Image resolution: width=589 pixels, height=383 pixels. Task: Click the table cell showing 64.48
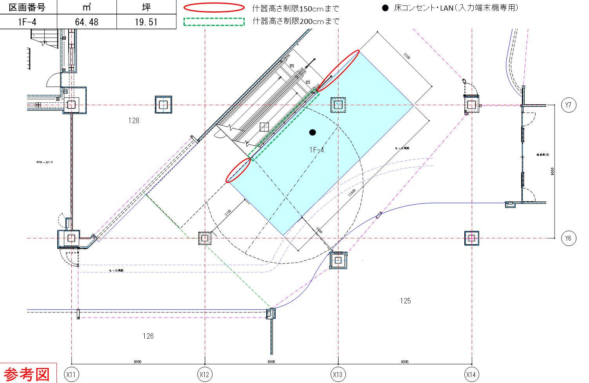[87, 22]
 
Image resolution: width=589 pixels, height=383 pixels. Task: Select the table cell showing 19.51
[146, 22]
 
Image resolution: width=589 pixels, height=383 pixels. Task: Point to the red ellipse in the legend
[214, 7]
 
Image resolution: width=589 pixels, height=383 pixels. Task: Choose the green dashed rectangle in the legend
[214, 22]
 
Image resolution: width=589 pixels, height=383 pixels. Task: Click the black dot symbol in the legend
[385, 8]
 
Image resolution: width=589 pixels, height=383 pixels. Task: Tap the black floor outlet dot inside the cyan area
[313, 133]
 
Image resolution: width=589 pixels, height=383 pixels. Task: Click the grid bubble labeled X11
[71, 374]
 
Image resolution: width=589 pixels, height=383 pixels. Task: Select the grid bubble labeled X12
[204, 374]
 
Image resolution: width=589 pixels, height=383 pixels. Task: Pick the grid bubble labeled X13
[338, 374]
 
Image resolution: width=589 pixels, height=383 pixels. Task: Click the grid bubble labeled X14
[471, 374]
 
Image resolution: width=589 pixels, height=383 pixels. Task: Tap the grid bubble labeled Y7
[569, 105]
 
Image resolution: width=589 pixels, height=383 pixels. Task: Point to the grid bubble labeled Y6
[569, 238]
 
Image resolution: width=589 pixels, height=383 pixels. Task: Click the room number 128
[134, 120]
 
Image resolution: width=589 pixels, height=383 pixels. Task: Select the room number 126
[148, 336]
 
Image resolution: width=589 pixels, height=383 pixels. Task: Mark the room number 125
[405, 301]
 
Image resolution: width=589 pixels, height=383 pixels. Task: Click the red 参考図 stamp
[27, 374]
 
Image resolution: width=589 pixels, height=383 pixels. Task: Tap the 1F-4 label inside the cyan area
[316, 150]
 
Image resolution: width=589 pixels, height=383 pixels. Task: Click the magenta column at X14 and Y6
[471, 238]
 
